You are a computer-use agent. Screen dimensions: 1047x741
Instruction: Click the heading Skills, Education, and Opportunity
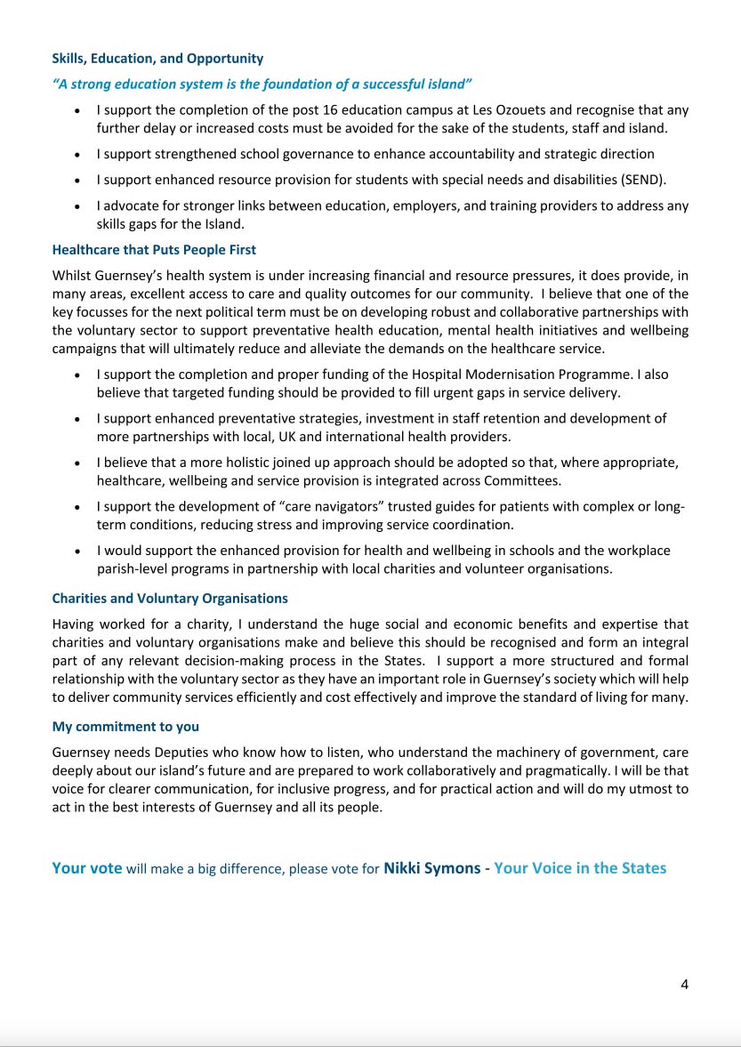pyautogui.click(x=157, y=59)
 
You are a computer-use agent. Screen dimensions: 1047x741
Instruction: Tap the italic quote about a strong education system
pyautogui.click(x=262, y=85)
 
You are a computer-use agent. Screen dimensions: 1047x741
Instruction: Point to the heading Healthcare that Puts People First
pyautogui.click(x=154, y=250)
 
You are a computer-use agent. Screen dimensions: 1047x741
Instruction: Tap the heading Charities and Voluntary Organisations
pyautogui.click(x=170, y=599)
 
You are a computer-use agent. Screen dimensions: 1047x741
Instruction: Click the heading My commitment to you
pyautogui.click(x=125, y=727)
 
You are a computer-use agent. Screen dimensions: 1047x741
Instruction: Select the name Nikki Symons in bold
pyautogui.click(x=431, y=868)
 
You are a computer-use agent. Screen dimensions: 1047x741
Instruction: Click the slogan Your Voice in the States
pyautogui.click(x=579, y=868)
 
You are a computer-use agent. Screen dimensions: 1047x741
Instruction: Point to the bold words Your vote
pyautogui.click(x=87, y=868)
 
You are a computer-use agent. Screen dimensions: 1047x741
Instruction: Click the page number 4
pyautogui.click(x=684, y=984)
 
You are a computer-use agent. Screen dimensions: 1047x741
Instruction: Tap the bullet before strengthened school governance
pyautogui.click(x=79, y=155)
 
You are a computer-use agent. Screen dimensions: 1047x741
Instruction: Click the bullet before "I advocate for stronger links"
pyautogui.click(x=79, y=206)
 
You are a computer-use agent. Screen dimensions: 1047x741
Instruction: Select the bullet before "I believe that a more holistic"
pyautogui.click(x=79, y=463)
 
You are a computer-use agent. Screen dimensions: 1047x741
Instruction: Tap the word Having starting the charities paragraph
pyautogui.click(x=74, y=624)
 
